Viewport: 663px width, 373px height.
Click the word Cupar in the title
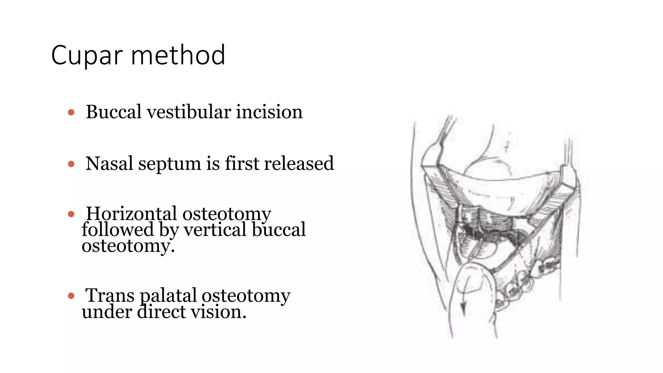[87, 56]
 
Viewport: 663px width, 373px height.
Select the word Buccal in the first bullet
[114, 112]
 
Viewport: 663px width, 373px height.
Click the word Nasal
[109, 164]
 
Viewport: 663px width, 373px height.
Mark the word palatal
[168, 296]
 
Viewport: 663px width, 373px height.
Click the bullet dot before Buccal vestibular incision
[71, 113]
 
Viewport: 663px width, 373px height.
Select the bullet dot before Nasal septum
[71, 164]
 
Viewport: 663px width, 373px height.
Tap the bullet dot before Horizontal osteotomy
[71, 214]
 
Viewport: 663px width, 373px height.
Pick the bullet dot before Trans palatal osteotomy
[71, 296]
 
